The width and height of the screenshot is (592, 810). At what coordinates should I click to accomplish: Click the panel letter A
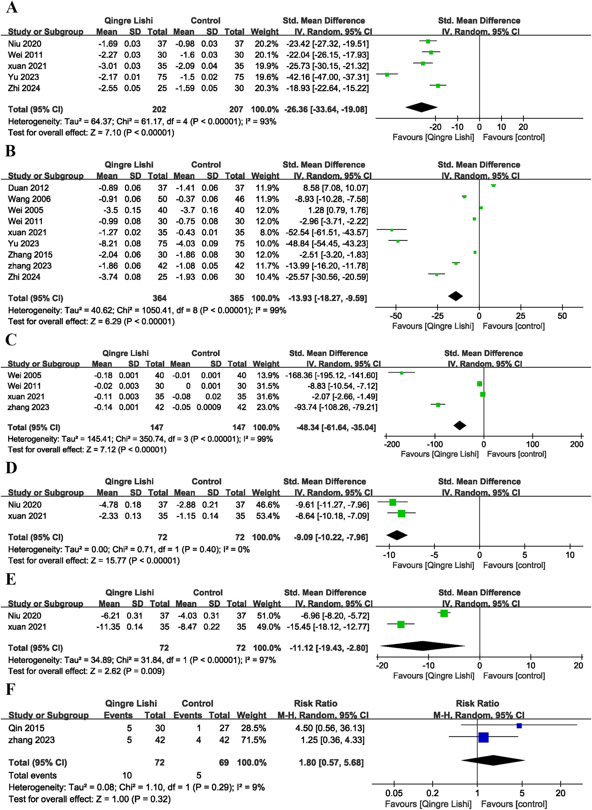pos(11,7)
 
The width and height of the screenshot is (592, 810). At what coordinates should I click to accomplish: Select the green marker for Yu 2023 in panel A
pos(387,75)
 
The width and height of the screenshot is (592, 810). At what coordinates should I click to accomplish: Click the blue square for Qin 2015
pos(519,726)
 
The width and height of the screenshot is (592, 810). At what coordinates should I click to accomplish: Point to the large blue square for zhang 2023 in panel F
pos(483,738)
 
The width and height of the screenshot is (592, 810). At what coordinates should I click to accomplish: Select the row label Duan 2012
pos(28,188)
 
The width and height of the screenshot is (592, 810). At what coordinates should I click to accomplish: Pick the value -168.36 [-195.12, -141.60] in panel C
pos(331,375)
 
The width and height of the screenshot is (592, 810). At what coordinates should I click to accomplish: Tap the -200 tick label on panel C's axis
pos(391,444)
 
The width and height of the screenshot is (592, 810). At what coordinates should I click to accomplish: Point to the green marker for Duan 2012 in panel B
pos(494,185)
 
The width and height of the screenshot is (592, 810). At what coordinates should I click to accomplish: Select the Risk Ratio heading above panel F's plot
pos(477,703)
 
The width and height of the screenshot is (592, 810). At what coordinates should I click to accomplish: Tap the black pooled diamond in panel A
pos(421,107)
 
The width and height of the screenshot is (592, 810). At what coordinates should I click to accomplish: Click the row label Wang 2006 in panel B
pos(30,199)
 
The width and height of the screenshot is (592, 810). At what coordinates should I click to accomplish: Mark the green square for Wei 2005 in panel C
pos(401,373)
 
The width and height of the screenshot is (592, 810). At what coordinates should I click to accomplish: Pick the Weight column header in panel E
pos(266,604)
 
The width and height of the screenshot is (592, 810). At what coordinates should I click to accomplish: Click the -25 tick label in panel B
pos(437,316)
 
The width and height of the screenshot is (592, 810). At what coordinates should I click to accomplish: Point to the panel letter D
pos(11,468)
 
